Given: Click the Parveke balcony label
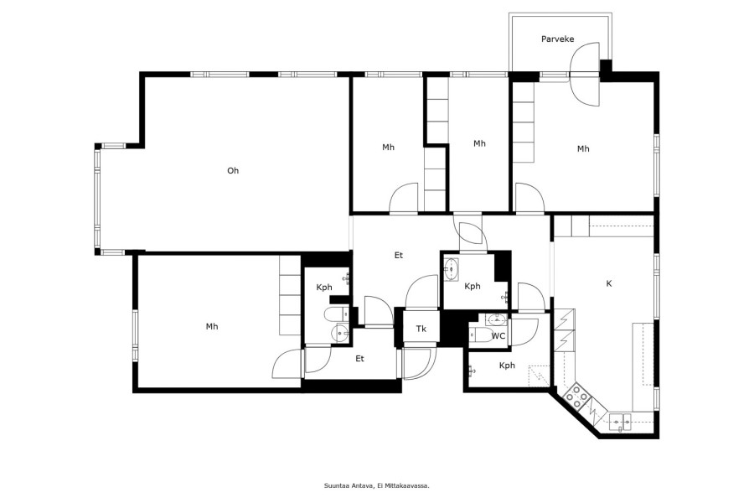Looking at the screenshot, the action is click(557, 39).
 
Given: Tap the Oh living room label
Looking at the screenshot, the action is click(233, 170).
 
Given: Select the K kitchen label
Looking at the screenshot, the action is click(609, 283).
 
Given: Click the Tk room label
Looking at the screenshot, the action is click(421, 329).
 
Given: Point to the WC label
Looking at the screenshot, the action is click(498, 336).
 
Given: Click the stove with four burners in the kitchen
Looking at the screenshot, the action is click(576, 397).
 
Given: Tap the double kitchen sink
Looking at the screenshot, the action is click(620, 423).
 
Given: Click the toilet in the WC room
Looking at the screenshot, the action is click(479, 335).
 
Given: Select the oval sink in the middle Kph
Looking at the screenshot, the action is click(452, 269).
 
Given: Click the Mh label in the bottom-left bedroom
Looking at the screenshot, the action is click(212, 326).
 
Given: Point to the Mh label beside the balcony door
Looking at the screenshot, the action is click(583, 148).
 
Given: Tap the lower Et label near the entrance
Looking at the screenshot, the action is click(359, 359).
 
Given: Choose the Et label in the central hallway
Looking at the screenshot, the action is click(398, 255).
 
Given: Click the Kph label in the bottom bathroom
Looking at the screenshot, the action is click(507, 366).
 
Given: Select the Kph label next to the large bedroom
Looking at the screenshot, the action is click(324, 288).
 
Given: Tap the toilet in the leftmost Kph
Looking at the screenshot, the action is click(337, 314).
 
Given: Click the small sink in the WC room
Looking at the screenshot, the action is click(495, 319).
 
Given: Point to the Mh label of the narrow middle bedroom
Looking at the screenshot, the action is click(479, 143).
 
